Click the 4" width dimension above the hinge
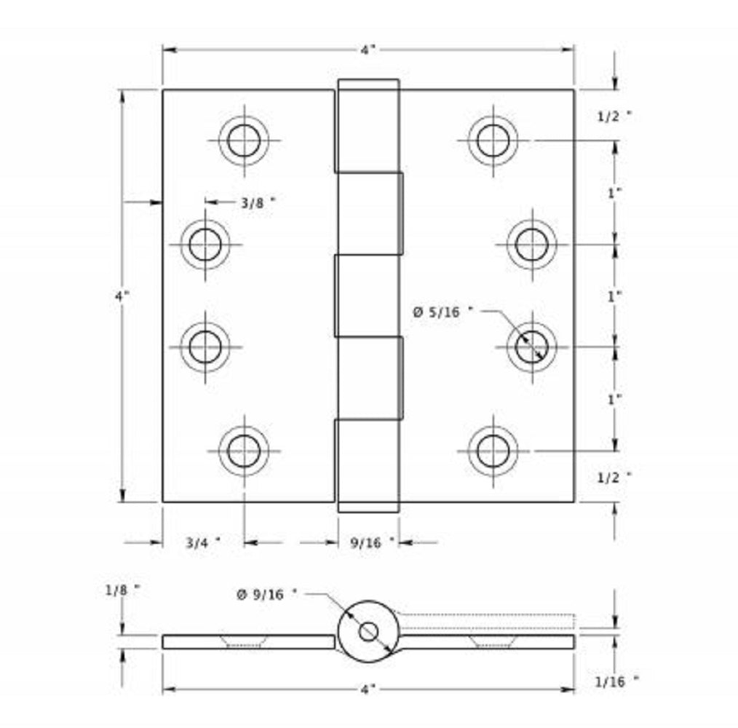pyautogui.click(x=368, y=50)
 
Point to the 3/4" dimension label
pyautogui.click(x=202, y=542)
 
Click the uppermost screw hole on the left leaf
pyautogui.click(x=243, y=140)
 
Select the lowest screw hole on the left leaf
pyautogui.click(x=243, y=451)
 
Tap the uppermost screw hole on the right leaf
pyautogui.click(x=493, y=140)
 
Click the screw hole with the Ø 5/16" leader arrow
pyautogui.click(x=531, y=347)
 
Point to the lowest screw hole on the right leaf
pyautogui.click(x=493, y=451)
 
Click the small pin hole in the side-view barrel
pyautogui.click(x=368, y=632)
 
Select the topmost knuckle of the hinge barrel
pyautogui.click(x=368, y=126)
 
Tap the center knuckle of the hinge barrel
pyautogui.click(x=368, y=296)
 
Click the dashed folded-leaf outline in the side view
pyautogui.click(x=488, y=620)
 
